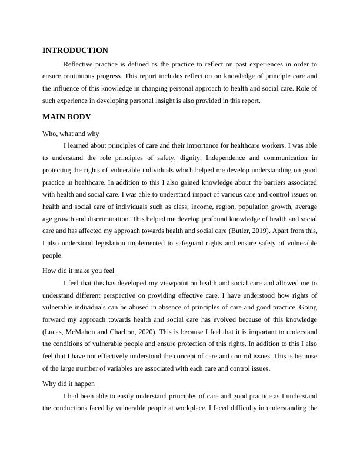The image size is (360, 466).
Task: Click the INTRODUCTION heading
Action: pyautogui.click(x=75, y=51)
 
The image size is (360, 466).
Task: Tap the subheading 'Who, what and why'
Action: pyautogui.click(x=71, y=134)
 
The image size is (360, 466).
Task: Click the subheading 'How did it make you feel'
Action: pyautogui.click(x=79, y=271)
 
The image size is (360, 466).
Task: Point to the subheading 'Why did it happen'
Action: pyautogui.click(x=69, y=384)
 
